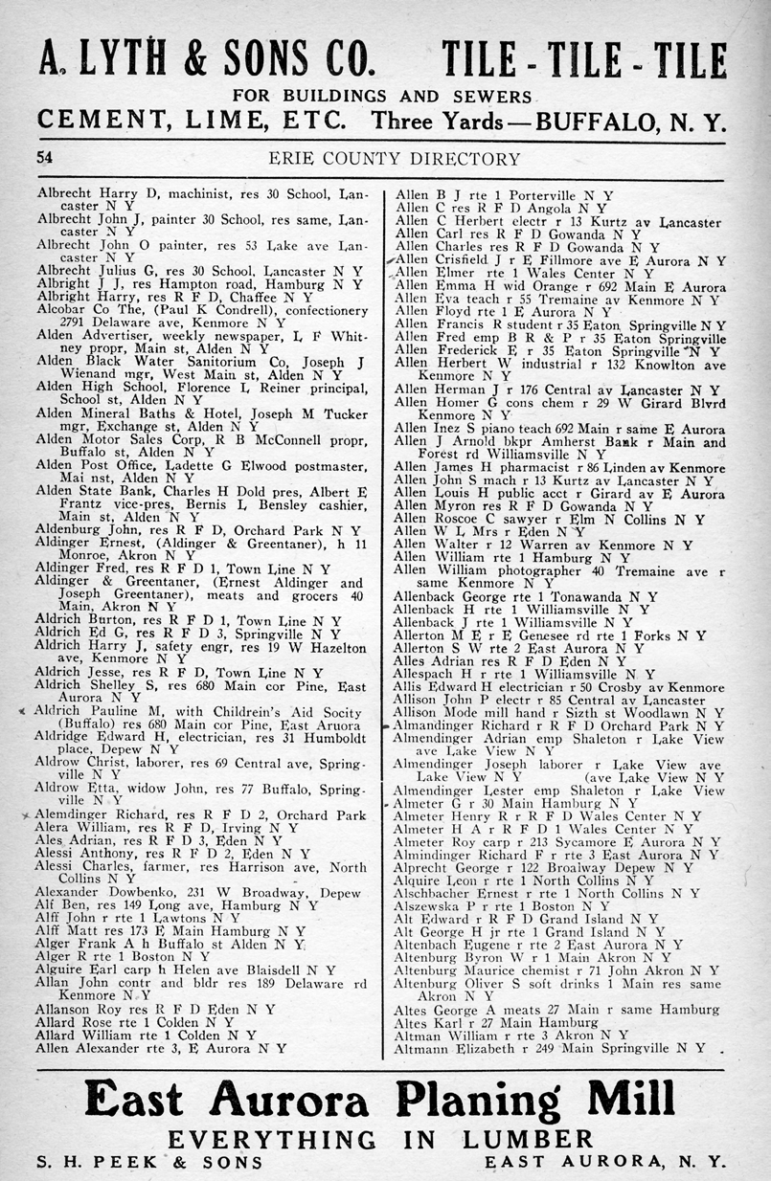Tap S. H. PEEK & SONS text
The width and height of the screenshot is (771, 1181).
[149, 1161]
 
